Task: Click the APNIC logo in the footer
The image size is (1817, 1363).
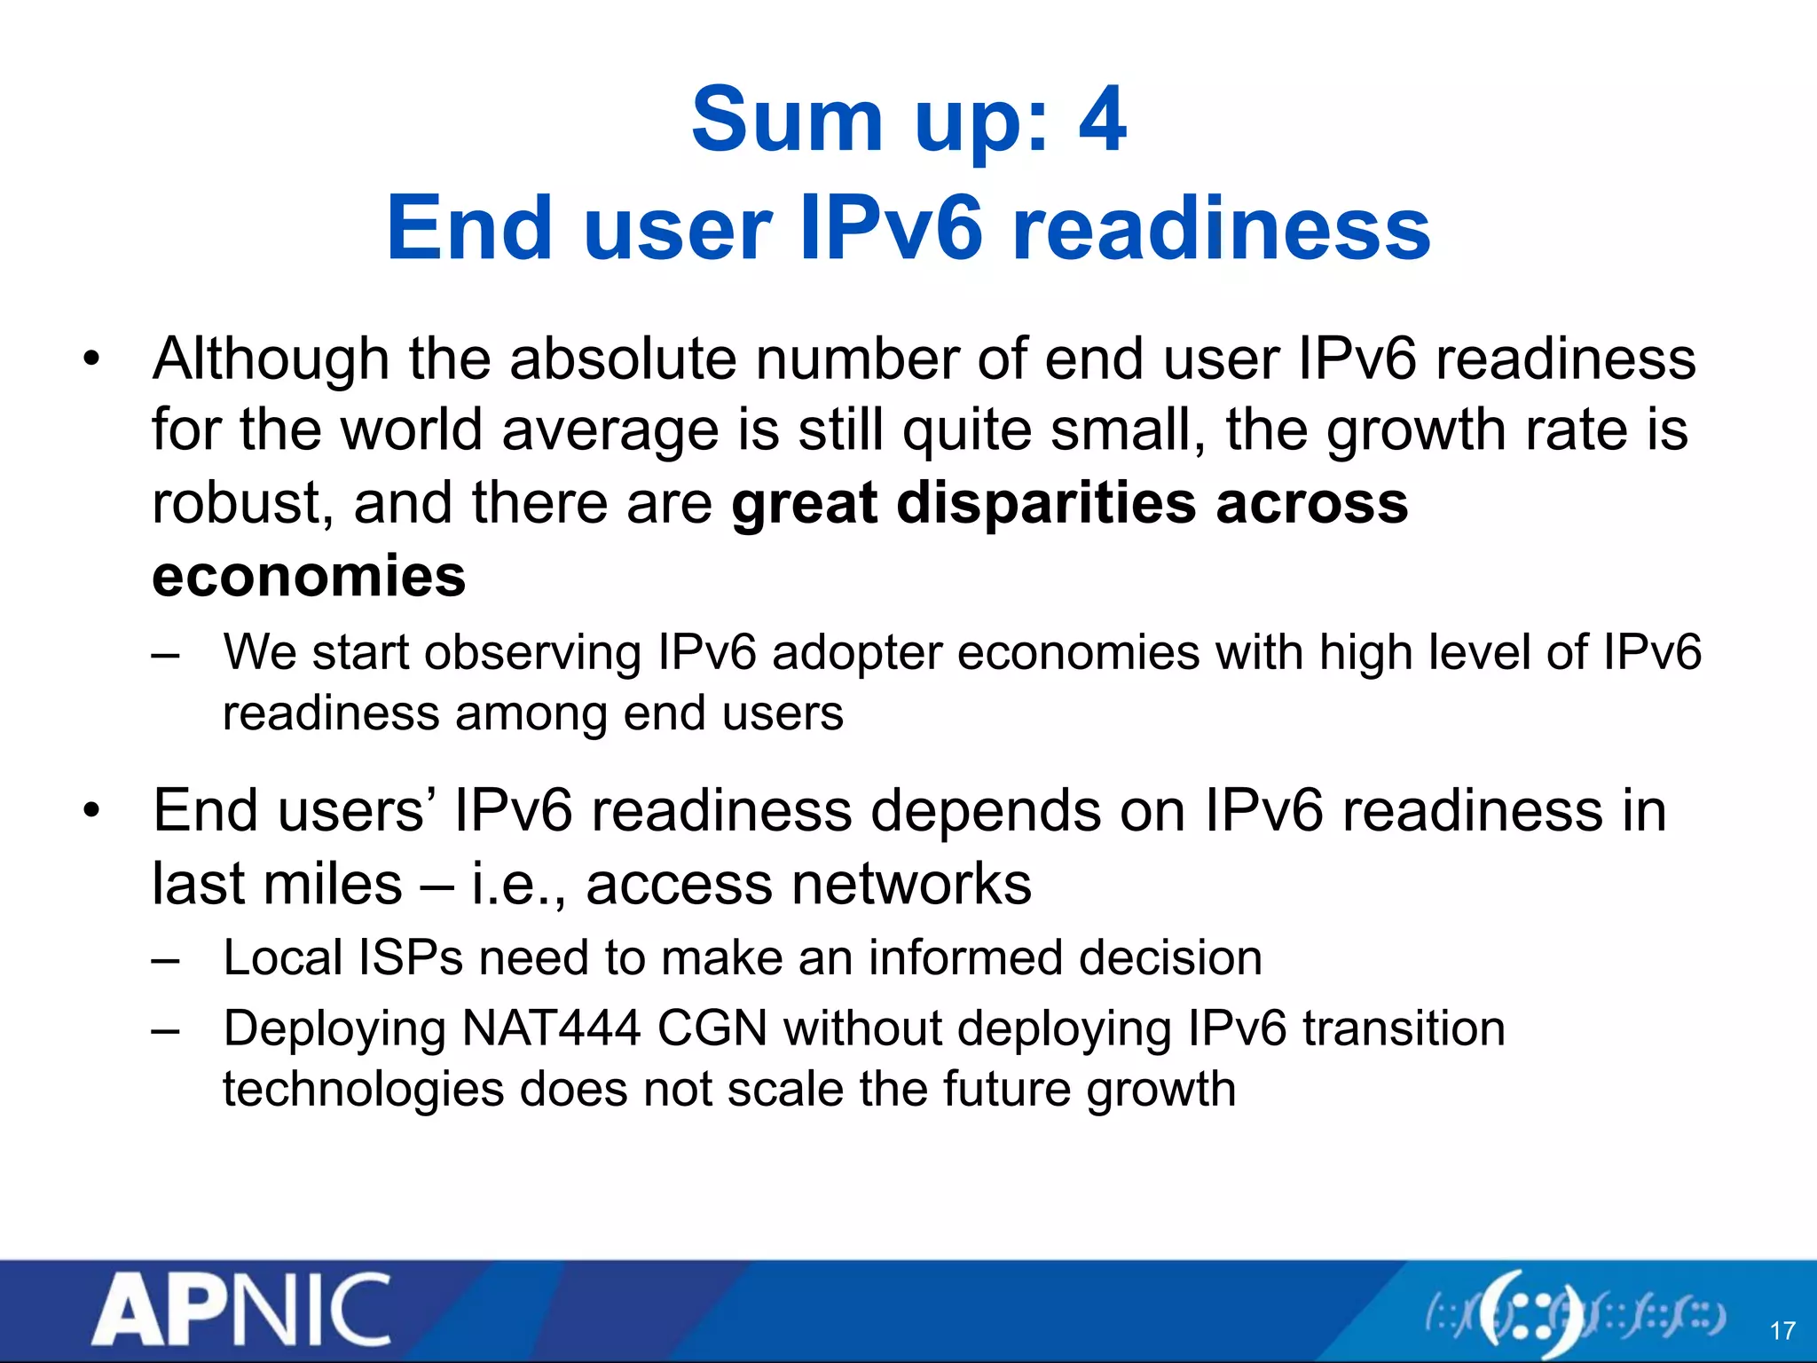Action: tap(240, 1310)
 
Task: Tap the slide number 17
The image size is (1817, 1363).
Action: tap(1782, 1331)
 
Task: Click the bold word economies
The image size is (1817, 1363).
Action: tap(309, 576)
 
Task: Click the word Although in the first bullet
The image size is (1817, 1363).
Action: tap(271, 358)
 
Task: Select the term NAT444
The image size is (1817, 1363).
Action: tap(551, 1029)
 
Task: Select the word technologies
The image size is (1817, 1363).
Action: tap(364, 1090)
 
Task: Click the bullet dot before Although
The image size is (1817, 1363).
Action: tap(91, 360)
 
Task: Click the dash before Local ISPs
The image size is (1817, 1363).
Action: tap(165, 959)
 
